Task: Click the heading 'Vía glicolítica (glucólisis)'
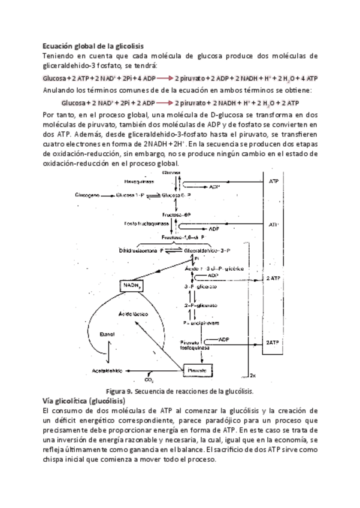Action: (84, 400)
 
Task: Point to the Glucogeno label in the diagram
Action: (87, 195)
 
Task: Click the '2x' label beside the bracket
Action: (253, 376)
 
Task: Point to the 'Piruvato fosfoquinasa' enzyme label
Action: (195, 344)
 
